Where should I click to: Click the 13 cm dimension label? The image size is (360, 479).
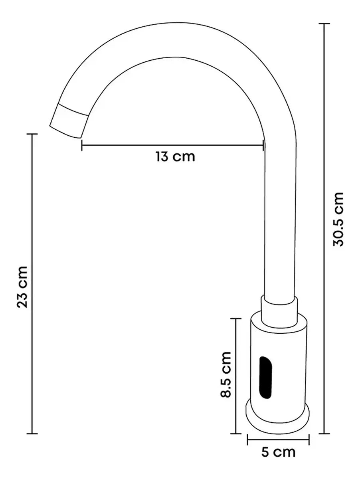click(x=176, y=156)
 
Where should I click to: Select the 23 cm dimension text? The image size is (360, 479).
click(x=22, y=286)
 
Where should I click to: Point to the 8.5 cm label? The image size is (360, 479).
click(x=226, y=374)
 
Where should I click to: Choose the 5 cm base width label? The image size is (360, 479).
click(x=279, y=452)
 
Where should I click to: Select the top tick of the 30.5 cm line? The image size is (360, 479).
click(x=324, y=24)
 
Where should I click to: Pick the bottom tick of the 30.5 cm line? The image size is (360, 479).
click(x=324, y=433)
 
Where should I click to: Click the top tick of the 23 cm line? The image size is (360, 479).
click(x=32, y=134)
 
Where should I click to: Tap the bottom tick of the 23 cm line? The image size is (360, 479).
click(x=32, y=433)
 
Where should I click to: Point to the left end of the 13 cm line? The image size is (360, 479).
click(x=82, y=145)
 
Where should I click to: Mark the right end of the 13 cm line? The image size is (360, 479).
click(x=263, y=145)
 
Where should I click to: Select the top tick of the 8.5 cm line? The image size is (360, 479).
click(x=236, y=319)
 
